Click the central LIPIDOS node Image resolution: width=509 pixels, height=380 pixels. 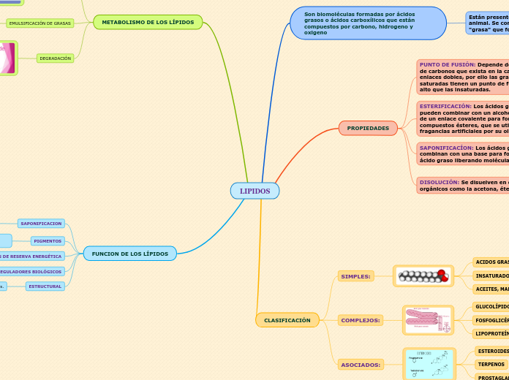254,191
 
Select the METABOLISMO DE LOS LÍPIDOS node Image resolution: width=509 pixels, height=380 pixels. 148,23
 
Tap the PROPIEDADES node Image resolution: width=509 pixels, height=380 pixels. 368,128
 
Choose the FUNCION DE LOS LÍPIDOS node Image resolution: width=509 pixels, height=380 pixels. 129,254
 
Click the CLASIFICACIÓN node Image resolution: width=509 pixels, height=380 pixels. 287,320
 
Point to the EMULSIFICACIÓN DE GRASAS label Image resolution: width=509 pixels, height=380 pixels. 40,23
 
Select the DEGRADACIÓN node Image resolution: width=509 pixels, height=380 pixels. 56,58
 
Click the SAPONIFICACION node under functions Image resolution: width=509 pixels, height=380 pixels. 41,223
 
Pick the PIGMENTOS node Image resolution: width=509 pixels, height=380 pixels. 48,240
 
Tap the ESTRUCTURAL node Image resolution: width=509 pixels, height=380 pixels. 45,286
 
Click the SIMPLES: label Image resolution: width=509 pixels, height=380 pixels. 356,276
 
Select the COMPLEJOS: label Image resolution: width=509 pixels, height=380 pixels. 361,320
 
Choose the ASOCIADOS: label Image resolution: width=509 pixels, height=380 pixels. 361,364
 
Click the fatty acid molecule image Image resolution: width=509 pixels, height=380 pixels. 423,275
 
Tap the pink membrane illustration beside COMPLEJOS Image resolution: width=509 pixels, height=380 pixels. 428,319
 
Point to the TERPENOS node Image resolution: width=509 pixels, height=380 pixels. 491,364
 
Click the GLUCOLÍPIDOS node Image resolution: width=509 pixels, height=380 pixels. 491,307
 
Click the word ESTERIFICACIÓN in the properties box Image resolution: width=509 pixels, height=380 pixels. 446,106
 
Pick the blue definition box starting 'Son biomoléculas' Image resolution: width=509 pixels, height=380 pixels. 367,23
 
